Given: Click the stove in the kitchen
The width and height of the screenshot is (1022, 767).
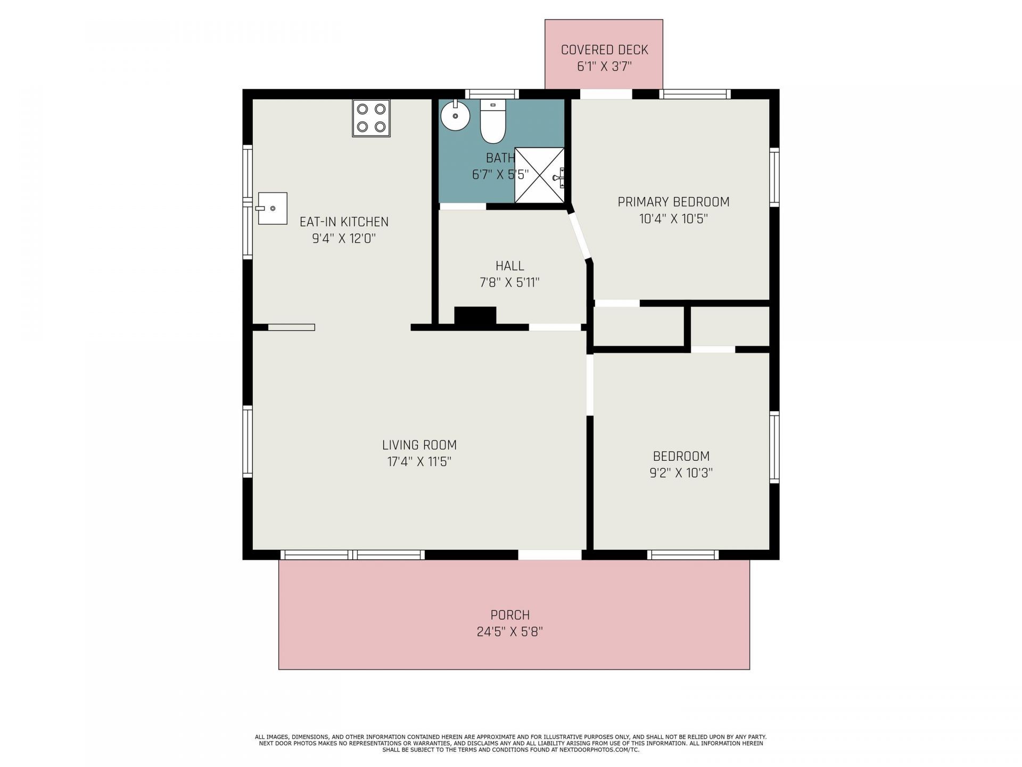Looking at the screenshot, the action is [x=371, y=118].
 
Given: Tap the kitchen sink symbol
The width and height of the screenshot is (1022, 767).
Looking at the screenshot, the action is [x=272, y=208].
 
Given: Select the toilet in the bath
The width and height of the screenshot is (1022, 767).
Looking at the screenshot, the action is [x=492, y=121].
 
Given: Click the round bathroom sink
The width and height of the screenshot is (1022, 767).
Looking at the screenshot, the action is [x=455, y=115].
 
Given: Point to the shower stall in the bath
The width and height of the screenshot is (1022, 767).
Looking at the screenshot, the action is [x=540, y=175].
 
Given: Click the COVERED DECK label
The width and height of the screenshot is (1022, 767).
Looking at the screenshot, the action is [x=604, y=50].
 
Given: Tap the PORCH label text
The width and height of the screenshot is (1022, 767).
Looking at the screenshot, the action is [x=510, y=615].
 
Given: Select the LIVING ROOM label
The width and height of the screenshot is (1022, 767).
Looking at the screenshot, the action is [x=419, y=445].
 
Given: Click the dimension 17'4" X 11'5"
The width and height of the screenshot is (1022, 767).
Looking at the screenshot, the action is [x=419, y=461].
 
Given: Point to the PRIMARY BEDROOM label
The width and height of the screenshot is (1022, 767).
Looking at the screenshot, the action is [x=673, y=202].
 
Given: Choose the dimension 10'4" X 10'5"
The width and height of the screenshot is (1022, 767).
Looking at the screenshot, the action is [x=673, y=218].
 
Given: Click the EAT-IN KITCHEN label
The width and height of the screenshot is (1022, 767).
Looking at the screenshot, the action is [x=344, y=222].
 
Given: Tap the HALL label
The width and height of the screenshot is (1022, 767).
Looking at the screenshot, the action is [x=510, y=266].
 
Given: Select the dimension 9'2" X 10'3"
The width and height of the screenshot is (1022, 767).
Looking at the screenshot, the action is [x=681, y=472].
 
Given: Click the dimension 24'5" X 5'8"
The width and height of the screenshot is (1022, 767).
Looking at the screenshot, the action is [x=510, y=632].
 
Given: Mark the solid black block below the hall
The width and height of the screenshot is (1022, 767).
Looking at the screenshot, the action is [x=475, y=315].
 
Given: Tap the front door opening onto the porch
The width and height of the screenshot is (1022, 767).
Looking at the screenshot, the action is [x=550, y=555].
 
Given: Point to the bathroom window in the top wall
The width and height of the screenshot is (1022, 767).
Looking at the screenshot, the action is [x=491, y=94].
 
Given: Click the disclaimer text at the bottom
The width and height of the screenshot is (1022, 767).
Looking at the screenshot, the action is [x=510, y=743].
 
